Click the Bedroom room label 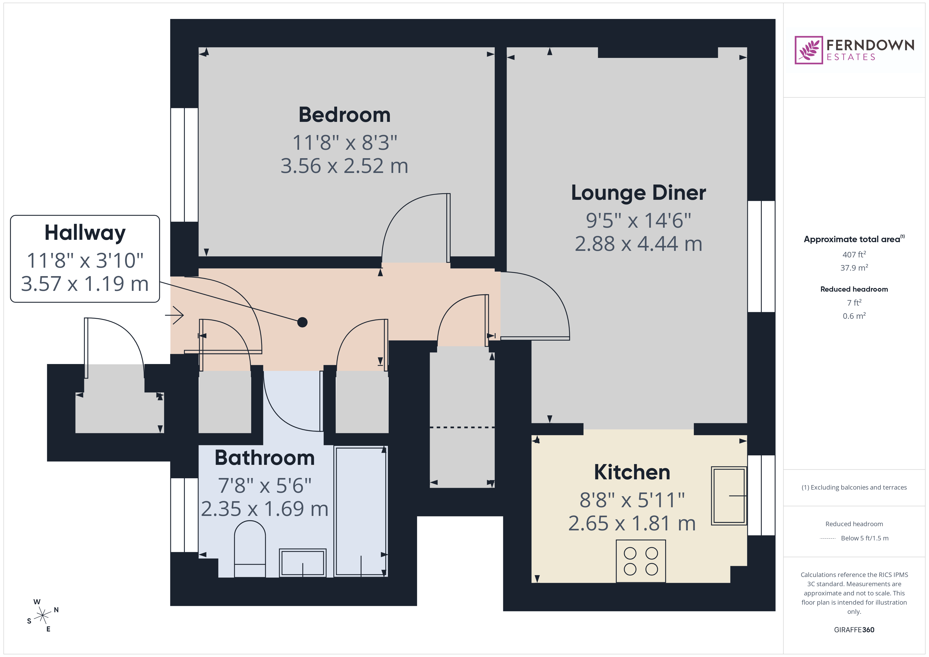(344, 115)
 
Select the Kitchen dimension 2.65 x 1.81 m (632, 524)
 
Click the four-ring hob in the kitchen (640, 561)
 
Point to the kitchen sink (728, 496)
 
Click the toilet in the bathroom (250, 548)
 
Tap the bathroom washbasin (302, 562)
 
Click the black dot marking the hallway (302, 322)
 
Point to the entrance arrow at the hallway (175, 315)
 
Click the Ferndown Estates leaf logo (808, 50)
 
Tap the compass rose (42, 616)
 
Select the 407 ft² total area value (854, 255)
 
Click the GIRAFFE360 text (854, 630)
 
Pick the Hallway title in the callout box (85, 233)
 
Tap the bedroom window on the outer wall (184, 165)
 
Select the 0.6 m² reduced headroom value (854, 316)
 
